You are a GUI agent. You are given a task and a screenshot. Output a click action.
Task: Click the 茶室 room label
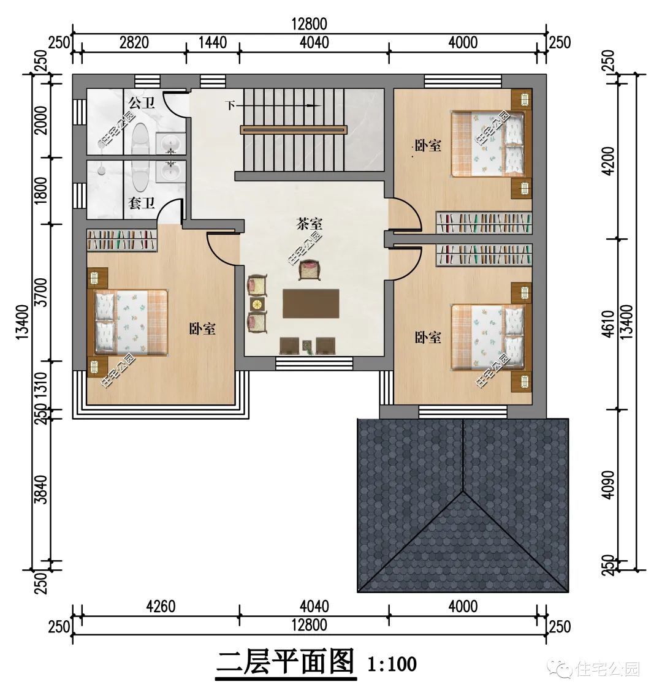309,224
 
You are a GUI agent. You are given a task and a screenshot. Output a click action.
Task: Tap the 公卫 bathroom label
142,103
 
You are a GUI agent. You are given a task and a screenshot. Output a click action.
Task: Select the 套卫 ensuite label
142,203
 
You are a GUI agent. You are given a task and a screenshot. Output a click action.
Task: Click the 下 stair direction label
230,106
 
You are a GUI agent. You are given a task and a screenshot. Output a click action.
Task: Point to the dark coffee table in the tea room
311,303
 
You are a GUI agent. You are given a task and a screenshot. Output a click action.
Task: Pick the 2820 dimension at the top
134,43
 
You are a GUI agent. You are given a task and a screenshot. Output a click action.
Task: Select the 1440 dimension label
212,43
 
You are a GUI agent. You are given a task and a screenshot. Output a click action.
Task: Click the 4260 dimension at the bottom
161,606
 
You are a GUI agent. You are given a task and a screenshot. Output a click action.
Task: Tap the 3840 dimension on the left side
40,489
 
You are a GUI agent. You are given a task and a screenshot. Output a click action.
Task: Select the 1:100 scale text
392,664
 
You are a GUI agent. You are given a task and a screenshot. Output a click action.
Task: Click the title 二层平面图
286,662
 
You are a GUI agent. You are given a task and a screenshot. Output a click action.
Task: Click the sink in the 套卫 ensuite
170,170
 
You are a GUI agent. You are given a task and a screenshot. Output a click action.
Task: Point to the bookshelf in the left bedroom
122,240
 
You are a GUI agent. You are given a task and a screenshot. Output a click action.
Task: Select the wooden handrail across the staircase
294,129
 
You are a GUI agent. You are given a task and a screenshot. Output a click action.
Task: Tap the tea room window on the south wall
314,363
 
